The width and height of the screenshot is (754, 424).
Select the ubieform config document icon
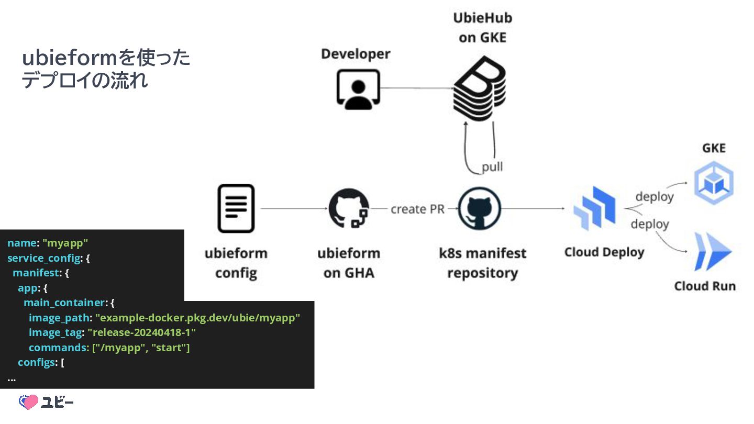[236, 208]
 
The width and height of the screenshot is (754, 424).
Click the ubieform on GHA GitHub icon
[348, 208]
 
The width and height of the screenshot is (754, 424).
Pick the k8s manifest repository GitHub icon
[479, 208]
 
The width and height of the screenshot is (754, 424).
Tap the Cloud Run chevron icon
[712, 252]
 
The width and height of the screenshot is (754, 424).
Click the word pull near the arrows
[492, 166]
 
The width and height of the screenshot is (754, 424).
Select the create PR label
[417, 209]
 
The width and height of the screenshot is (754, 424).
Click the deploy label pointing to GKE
[654, 197]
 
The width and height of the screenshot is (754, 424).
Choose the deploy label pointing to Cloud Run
[650, 224]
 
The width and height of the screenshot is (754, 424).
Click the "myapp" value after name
[65, 243]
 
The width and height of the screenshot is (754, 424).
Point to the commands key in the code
[58, 348]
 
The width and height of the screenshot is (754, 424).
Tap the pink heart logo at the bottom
[29, 401]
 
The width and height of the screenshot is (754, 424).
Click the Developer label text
[356, 54]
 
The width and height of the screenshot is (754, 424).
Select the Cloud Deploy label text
[604, 252]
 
